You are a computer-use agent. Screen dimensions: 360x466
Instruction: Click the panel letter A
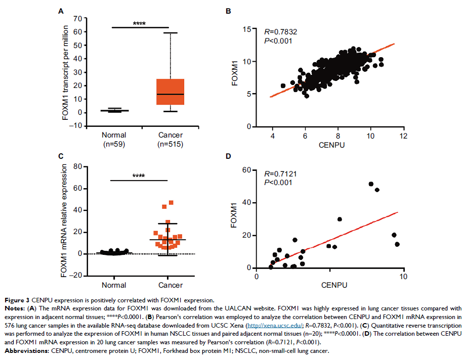pos(61,11)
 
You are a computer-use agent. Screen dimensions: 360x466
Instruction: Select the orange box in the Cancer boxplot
pos(170,92)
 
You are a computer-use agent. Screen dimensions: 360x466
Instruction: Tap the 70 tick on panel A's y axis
pos(77,19)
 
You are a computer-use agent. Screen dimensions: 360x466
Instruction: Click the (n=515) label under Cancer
pos(170,144)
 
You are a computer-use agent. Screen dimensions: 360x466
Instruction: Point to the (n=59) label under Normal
pos(114,144)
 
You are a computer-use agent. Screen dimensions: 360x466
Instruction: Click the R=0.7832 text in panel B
pos(282,31)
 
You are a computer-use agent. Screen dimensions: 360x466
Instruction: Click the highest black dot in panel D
pos(371,184)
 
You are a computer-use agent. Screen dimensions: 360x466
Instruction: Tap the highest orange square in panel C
pos(171,203)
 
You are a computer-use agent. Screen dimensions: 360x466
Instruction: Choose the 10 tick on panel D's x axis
pos(403,277)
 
